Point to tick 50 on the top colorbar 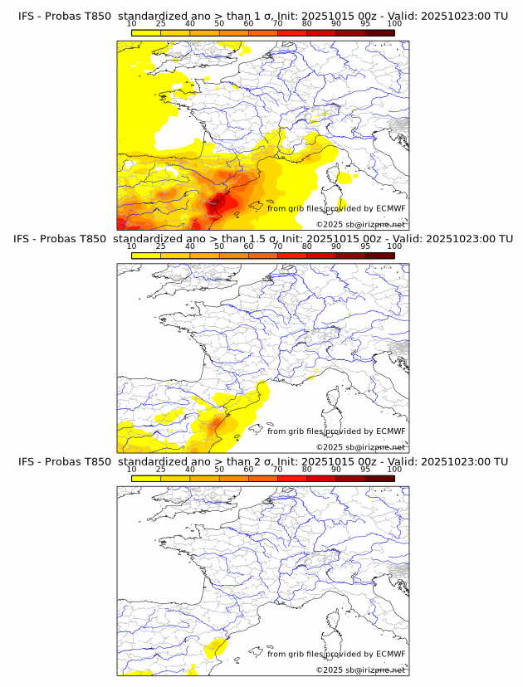pyautogui.click(x=218, y=23)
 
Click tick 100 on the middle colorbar pyautogui.click(x=394, y=246)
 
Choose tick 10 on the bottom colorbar pyautogui.click(x=132, y=469)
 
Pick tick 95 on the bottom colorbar pyautogui.click(x=365, y=469)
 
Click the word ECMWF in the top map pyautogui.click(x=390, y=208)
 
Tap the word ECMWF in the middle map pyautogui.click(x=390, y=431)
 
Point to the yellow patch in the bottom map pyautogui.click(x=216, y=646)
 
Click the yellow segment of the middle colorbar pyautogui.click(x=146, y=255)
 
